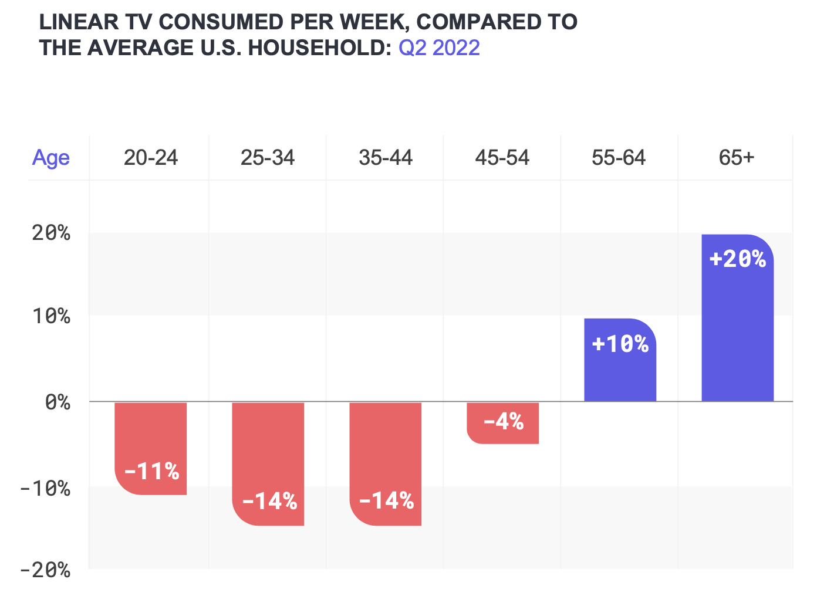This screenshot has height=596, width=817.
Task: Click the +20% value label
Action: pos(738,259)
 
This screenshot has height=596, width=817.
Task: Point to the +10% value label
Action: pos(620,344)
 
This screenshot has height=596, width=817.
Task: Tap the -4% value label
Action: pos(503,421)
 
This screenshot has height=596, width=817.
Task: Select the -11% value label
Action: pos(151,471)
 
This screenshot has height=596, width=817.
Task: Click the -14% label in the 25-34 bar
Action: pos(269,501)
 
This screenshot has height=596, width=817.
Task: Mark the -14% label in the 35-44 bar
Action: pos(386,501)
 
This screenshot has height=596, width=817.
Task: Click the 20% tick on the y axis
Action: pos(51,233)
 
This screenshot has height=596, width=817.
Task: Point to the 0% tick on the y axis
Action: pos(57,402)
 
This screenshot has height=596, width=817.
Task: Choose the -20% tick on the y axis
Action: pos(45,570)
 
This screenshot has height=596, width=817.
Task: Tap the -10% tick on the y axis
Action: pos(45,487)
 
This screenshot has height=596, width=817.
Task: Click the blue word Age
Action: pos(50,158)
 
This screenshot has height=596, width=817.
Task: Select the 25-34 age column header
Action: pos(268,158)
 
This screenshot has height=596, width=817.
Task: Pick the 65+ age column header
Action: pos(737,158)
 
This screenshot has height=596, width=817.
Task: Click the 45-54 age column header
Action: pos(502,158)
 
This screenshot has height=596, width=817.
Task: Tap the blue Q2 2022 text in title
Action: pos(439,48)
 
